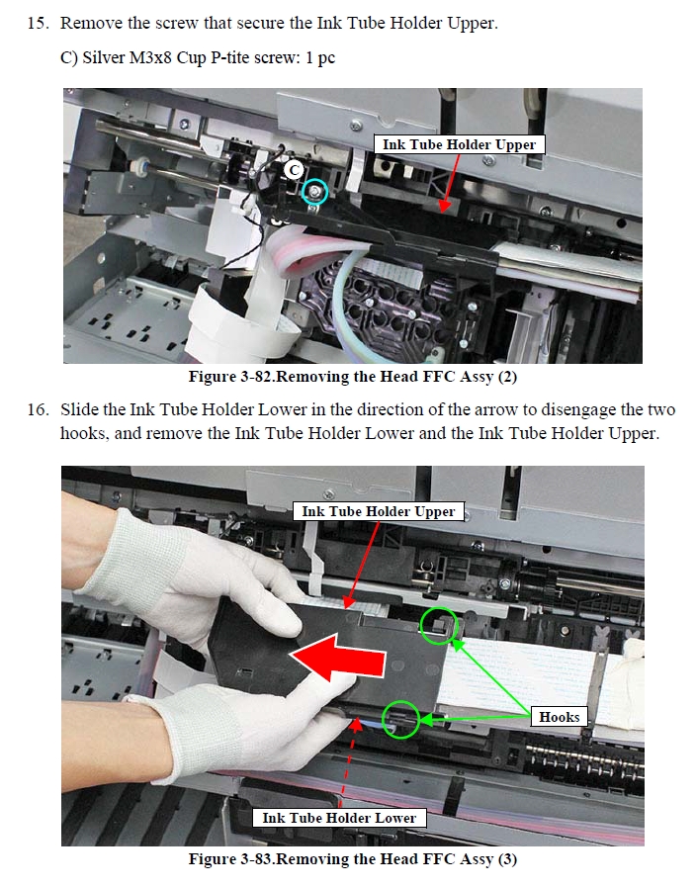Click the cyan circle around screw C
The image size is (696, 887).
tap(313, 192)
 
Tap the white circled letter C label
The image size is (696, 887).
tap(294, 170)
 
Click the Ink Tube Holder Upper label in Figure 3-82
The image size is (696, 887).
tap(459, 144)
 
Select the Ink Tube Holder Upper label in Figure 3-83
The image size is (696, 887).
tap(379, 511)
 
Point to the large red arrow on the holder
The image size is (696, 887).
tap(338, 658)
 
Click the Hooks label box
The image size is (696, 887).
tap(560, 717)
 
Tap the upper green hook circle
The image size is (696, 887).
tap(438, 625)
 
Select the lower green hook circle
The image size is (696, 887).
tap(400, 720)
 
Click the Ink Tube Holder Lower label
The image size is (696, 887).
tap(339, 818)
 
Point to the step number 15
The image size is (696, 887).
tap(38, 23)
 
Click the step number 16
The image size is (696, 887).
tap(38, 409)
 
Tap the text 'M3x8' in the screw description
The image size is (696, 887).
tap(150, 57)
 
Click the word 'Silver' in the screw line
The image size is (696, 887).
tap(104, 57)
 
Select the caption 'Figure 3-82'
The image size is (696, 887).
tap(230, 377)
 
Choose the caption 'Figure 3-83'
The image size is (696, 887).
tap(230, 858)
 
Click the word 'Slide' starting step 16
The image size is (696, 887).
tap(79, 409)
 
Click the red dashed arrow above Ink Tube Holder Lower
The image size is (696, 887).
tap(348, 762)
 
